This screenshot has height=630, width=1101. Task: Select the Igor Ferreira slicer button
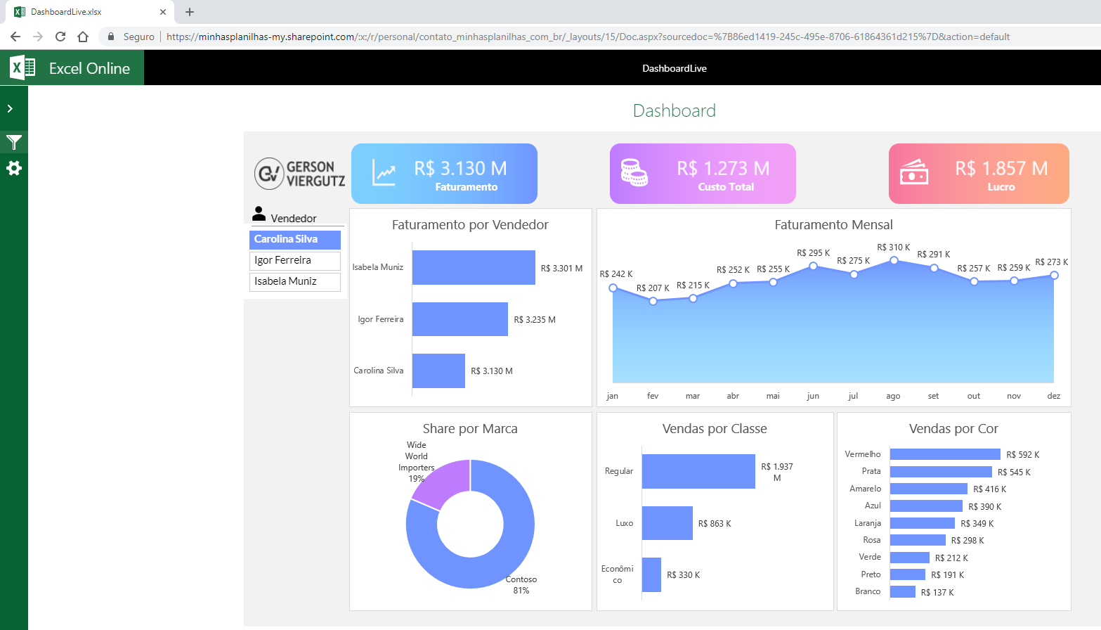(294, 260)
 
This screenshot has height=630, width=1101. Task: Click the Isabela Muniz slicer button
(294, 281)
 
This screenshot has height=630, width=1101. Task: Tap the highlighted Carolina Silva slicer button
(294, 239)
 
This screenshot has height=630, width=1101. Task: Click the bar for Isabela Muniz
(473, 267)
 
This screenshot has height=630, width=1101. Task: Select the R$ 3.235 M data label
(534, 320)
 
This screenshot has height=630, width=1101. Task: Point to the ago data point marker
(894, 260)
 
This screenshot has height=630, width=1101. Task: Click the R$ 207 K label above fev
(653, 288)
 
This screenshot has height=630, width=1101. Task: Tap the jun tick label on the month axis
(813, 396)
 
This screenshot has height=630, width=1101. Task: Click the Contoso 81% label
(521, 585)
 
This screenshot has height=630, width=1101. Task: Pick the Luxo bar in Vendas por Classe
(667, 523)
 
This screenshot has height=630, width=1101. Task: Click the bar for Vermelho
(944, 454)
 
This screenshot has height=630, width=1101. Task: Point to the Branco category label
(868, 591)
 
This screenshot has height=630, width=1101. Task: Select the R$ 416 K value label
(989, 489)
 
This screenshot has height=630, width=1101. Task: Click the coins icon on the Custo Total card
(634, 172)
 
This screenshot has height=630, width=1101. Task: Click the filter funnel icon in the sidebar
(14, 143)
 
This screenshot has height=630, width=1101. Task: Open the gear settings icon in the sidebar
(14, 168)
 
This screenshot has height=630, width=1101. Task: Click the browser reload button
(60, 37)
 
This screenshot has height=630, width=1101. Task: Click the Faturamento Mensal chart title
(833, 225)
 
